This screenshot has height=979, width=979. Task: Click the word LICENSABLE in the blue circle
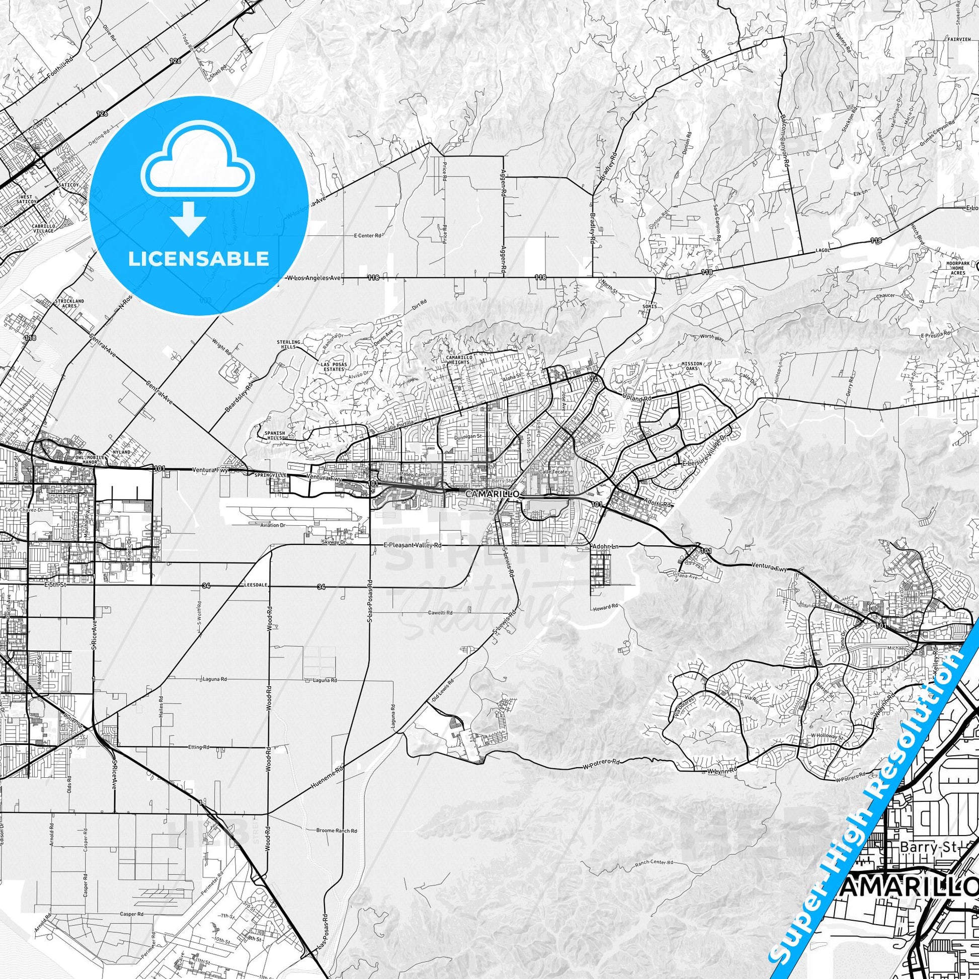click(x=198, y=259)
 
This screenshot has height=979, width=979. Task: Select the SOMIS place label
click(x=649, y=306)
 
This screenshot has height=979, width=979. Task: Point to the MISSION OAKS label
click(x=692, y=366)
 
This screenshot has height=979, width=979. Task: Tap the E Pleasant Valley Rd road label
click(x=413, y=546)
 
